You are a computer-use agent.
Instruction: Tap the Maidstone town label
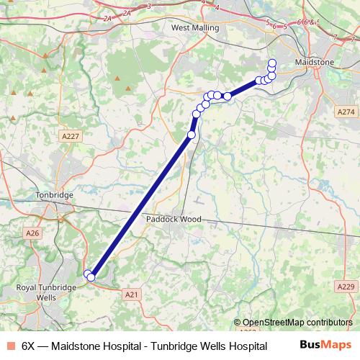pos(315,63)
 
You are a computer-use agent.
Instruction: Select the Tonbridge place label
pos(55,195)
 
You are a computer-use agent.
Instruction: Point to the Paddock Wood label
pos(173,219)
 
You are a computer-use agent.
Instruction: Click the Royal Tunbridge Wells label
pos(45,292)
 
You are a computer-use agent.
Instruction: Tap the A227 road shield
pos(70,136)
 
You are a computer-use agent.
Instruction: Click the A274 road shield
pos(346,112)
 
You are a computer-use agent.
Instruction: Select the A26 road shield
pos(32,233)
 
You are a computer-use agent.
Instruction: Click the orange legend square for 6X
pos(10,346)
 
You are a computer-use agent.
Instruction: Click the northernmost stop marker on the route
pos(272,62)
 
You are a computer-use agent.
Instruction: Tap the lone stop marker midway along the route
pos(192,135)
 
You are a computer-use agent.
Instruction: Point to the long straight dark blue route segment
pos(140,205)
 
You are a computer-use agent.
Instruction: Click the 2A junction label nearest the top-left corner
pos(108,18)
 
